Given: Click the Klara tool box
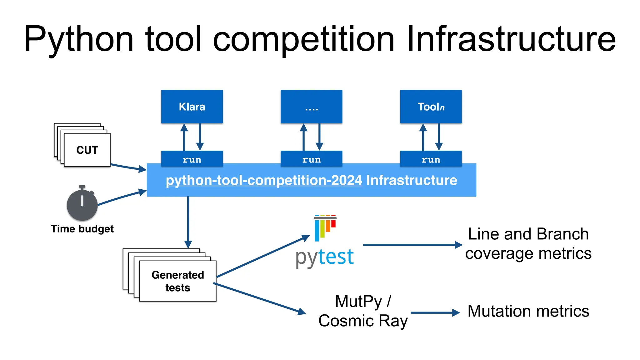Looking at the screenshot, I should tap(192, 107).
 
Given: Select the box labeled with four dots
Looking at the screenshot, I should tap(311, 107).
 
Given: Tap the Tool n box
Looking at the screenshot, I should tap(431, 107).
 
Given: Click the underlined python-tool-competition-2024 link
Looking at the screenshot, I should tap(264, 180).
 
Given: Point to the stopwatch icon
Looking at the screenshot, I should tap(82, 204).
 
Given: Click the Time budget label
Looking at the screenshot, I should tap(82, 229).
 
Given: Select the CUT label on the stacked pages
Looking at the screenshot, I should tap(87, 150).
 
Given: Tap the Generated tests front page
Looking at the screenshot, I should tap(177, 281).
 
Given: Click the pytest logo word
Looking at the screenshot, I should tap(324, 257).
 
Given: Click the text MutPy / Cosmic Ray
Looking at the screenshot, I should tap(363, 311).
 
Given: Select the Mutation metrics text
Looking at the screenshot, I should tap(528, 311).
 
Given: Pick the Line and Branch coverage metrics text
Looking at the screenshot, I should tap(528, 243).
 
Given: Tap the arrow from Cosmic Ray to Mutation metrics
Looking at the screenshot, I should tap(434, 312).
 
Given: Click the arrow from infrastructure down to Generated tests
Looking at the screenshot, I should tap(188, 222).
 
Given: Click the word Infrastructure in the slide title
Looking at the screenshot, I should tap(511, 39).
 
